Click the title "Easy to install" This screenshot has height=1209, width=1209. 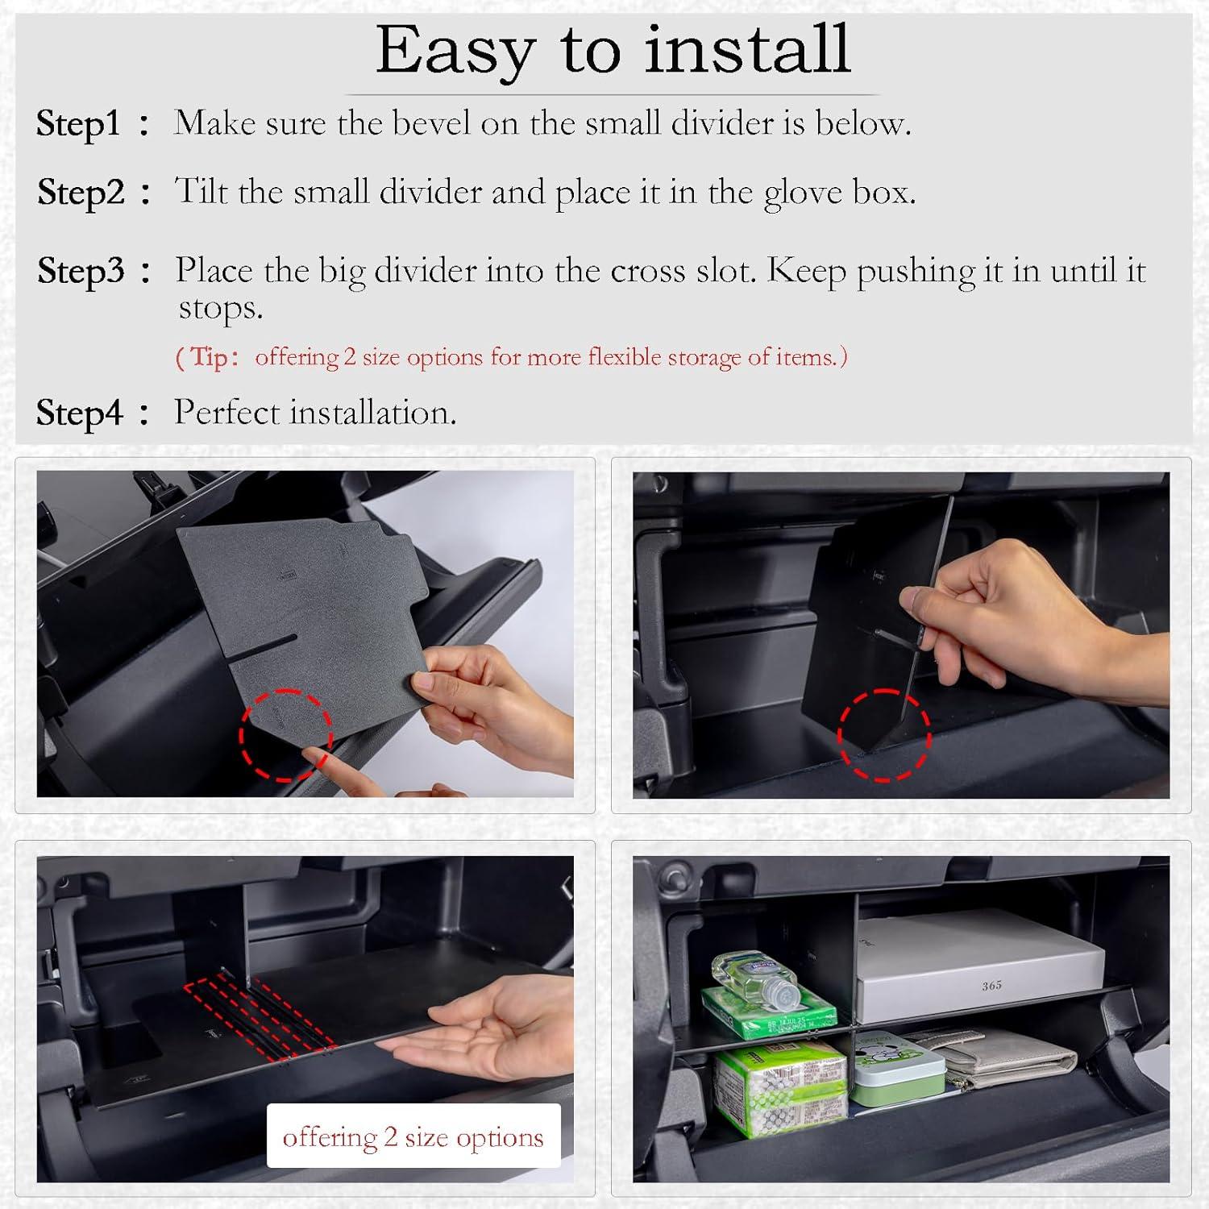point(613,50)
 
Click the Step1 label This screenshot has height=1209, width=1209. point(78,123)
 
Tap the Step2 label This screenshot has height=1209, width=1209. point(81,192)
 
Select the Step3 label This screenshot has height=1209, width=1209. point(81,270)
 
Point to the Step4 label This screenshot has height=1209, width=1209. point(79,413)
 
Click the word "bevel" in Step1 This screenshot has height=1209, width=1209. point(432,123)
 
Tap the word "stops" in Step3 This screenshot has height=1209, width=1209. point(219,308)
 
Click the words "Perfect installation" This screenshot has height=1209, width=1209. point(315,413)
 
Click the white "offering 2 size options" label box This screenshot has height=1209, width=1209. point(413,1136)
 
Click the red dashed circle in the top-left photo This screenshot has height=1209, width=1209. point(285,735)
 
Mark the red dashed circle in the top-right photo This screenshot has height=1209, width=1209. point(884,735)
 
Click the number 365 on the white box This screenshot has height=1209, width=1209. point(991,986)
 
